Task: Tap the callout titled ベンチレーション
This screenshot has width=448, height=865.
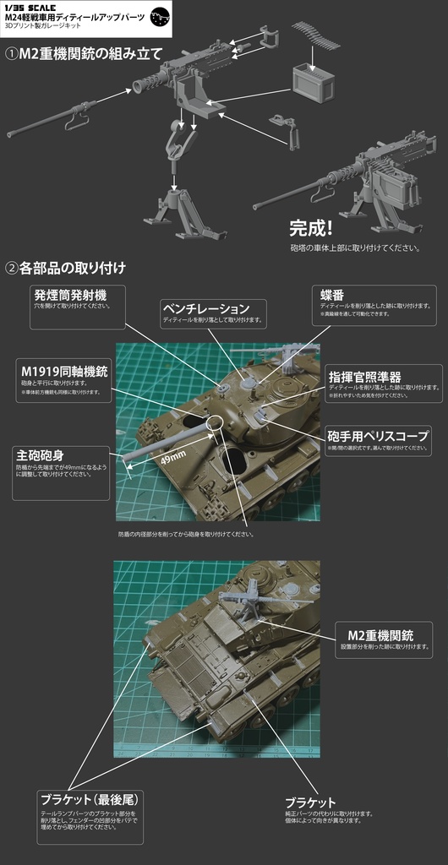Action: [x=206, y=309]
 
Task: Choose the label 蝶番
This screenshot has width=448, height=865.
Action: [x=331, y=294]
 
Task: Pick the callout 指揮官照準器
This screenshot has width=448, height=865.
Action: [x=363, y=376]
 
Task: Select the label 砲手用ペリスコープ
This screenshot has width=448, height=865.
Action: [x=378, y=435]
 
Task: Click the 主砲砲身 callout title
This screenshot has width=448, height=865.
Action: [x=41, y=453]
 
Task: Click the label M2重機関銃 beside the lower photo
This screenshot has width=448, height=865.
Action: [x=380, y=635]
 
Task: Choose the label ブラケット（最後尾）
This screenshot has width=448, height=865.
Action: [x=90, y=798]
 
